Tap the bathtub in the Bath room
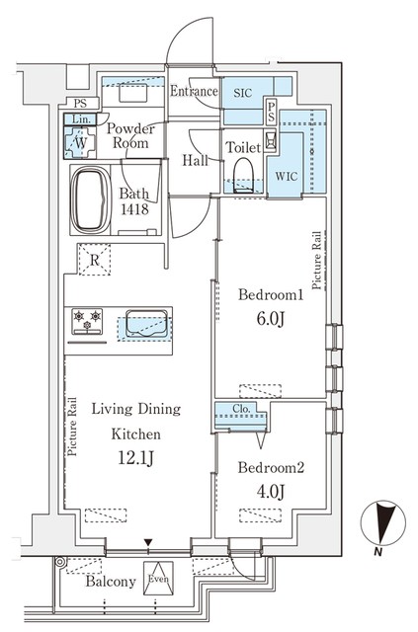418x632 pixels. click(x=91, y=200)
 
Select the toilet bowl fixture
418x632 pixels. click(x=243, y=175)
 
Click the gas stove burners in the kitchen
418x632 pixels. click(x=87, y=321)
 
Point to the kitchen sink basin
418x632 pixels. click(x=146, y=323)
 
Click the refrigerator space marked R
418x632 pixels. click(x=95, y=260)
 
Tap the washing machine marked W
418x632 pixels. click(x=81, y=142)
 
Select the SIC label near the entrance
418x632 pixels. click(x=243, y=93)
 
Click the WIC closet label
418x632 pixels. click(x=286, y=176)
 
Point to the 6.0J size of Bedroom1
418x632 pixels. click(x=271, y=319)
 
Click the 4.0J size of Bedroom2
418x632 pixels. click(x=271, y=492)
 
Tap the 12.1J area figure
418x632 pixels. click(x=135, y=457)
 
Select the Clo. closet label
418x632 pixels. click(x=241, y=409)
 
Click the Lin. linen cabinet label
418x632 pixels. click(x=81, y=119)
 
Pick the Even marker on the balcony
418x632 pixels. click(x=158, y=579)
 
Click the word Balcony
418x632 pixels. click(x=111, y=582)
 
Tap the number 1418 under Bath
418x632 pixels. click(x=134, y=208)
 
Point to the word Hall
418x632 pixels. click(x=196, y=160)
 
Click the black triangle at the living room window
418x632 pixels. click(x=148, y=542)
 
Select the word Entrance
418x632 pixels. click(x=194, y=91)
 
